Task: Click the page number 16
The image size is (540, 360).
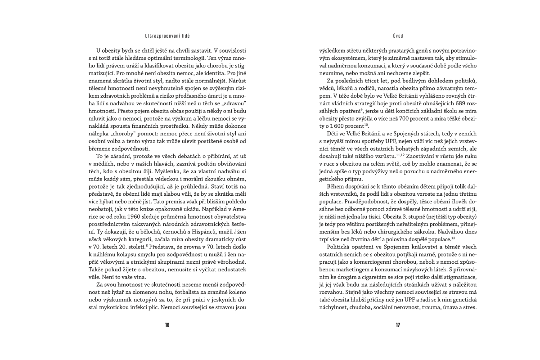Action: point(167,325)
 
